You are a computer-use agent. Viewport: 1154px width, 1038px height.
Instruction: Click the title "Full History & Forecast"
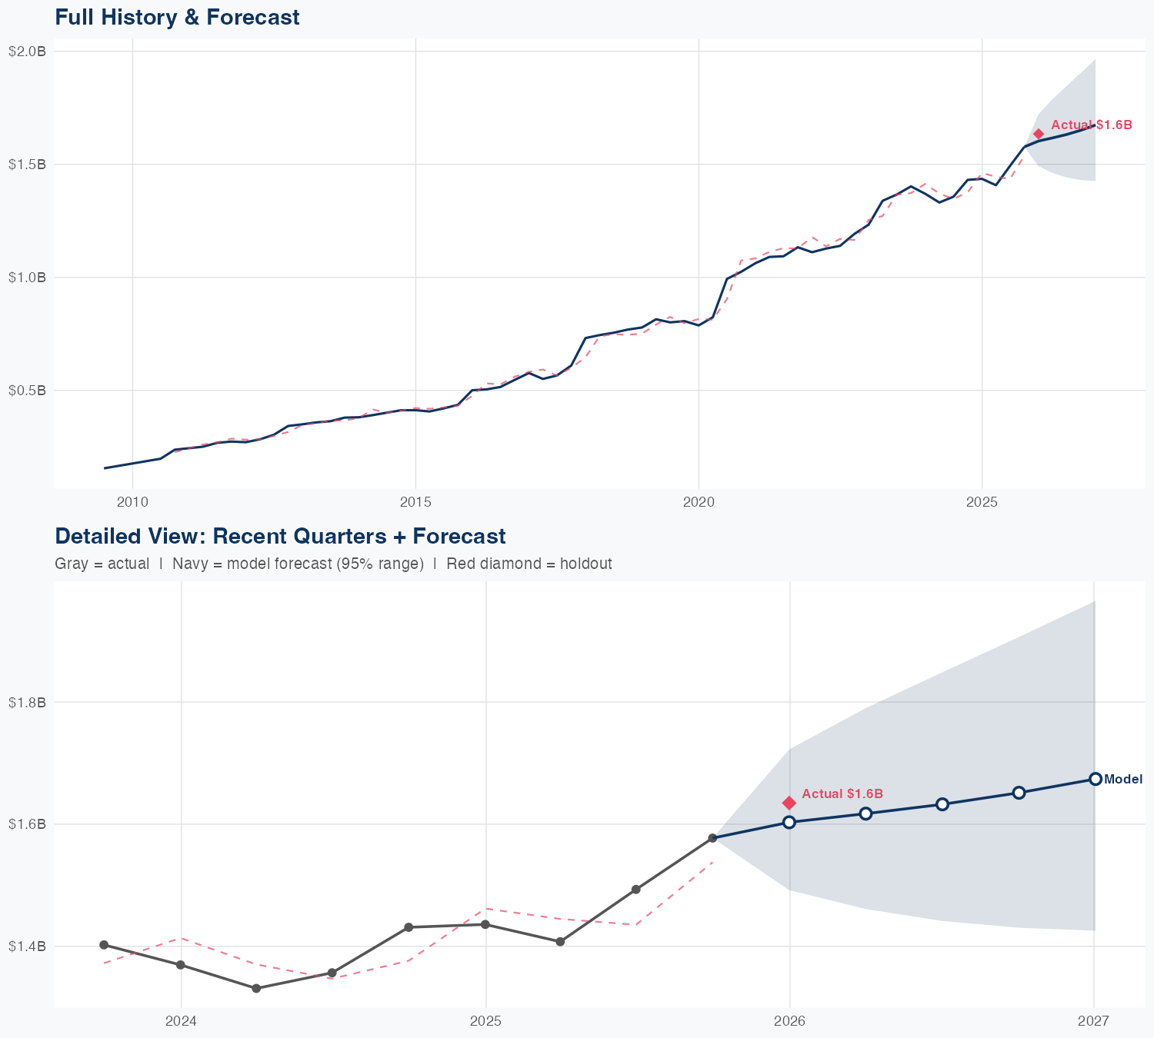[177, 17]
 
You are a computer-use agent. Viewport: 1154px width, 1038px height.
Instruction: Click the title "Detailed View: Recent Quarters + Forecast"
[280, 536]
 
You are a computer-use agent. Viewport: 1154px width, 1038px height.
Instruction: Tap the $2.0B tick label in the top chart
[27, 52]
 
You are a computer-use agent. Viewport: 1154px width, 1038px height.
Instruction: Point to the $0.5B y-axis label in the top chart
[27, 391]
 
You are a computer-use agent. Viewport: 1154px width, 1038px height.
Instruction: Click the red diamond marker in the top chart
[1039, 134]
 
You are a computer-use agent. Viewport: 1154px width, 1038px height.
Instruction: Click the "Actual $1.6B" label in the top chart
[1091, 125]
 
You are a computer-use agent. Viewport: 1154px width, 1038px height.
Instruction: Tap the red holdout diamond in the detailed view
[789, 803]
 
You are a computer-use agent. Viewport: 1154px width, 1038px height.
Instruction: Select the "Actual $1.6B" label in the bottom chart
[842, 793]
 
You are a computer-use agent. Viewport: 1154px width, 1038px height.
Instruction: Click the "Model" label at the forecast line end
[1123, 779]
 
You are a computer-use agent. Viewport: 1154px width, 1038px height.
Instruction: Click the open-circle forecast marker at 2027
[1095, 779]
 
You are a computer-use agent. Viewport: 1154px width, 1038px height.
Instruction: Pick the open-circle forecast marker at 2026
[789, 822]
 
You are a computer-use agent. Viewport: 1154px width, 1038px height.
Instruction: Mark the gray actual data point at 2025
[485, 924]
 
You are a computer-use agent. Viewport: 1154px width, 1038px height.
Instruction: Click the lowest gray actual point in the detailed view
[256, 988]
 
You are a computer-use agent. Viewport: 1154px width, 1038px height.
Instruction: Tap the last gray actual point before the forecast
[712, 838]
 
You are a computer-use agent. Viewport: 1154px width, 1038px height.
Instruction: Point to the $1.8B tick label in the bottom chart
[27, 702]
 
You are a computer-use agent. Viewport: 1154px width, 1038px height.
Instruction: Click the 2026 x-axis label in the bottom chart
[789, 1021]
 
